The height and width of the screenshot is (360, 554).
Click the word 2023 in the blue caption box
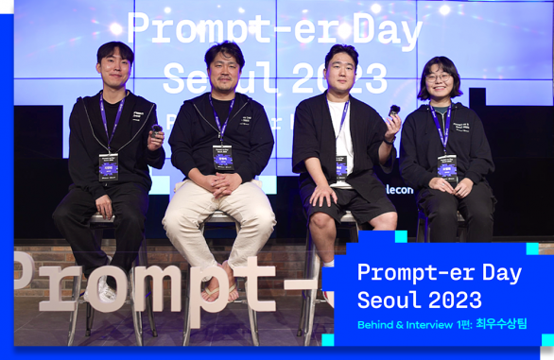[x=456, y=301]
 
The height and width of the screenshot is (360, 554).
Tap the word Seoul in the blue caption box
[x=388, y=301]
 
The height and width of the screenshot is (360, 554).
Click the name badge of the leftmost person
[x=109, y=164]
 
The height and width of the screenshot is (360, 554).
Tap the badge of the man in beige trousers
[x=223, y=155]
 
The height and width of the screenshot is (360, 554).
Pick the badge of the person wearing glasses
[x=445, y=165]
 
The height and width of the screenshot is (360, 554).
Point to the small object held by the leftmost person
[x=156, y=130]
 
